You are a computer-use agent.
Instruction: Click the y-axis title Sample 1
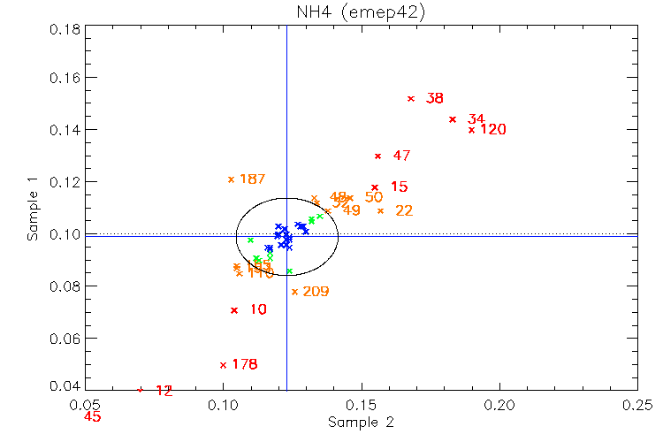(33, 208)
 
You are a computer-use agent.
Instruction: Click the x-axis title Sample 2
(361, 423)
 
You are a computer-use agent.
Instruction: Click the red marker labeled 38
(411, 98)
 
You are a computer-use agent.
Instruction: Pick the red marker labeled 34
(453, 119)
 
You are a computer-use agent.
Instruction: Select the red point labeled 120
(472, 130)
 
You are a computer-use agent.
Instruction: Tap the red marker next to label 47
(378, 156)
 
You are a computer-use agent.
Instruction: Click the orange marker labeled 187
(232, 179)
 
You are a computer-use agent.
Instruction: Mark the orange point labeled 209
(295, 292)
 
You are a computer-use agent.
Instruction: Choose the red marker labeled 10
(234, 310)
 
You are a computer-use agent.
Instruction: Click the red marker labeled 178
(224, 365)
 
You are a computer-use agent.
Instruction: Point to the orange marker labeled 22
(381, 210)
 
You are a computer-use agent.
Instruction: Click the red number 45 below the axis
(93, 417)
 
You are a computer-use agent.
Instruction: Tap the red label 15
(399, 187)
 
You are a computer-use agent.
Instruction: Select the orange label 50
(373, 198)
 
